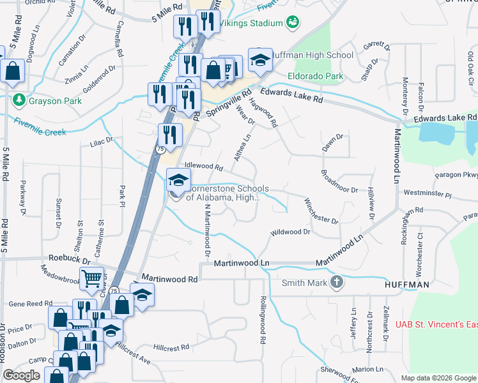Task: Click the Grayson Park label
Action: pyautogui.click(x=52, y=101)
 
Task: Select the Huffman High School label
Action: pyautogui.click(x=312, y=56)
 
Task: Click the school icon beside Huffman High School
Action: pyautogui.click(x=260, y=60)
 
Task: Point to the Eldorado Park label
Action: pyautogui.click(x=315, y=77)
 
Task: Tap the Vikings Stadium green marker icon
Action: pyautogui.click(x=293, y=23)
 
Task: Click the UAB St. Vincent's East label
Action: pyautogui.click(x=436, y=325)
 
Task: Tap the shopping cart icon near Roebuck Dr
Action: pyautogui.click(x=91, y=278)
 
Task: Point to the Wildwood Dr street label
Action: pyautogui.click(x=290, y=233)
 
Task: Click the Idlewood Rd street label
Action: pyautogui.click(x=203, y=166)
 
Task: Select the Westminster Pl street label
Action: pyautogui.click(x=428, y=193)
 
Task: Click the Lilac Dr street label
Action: pyautogui.click(x=101, y=139)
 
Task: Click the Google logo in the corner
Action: pyautogui.click(x=21, y=375)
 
